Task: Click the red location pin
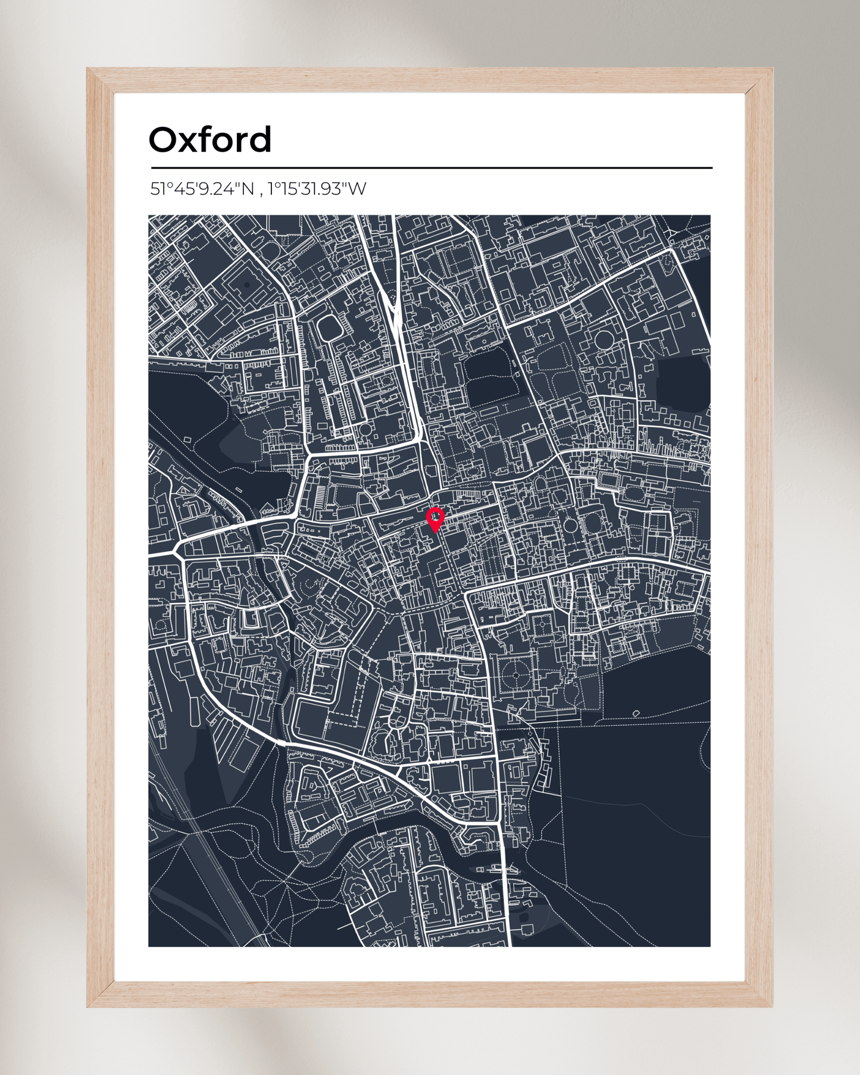click(x=436, y=518)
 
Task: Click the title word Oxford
click(x=210, y=140)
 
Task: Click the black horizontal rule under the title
click(x=431, y=168)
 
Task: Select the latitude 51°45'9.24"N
click(x=202, y=189)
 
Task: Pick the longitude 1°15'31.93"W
click(x=317, y=189)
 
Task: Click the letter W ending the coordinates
click(x=357, y=189)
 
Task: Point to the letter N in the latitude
click(x=248, y=189)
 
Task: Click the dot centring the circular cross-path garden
click(x=514, y=675)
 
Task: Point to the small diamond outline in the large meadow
click(x=636, y=713)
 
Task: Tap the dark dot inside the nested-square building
click(x=246, y=285)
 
